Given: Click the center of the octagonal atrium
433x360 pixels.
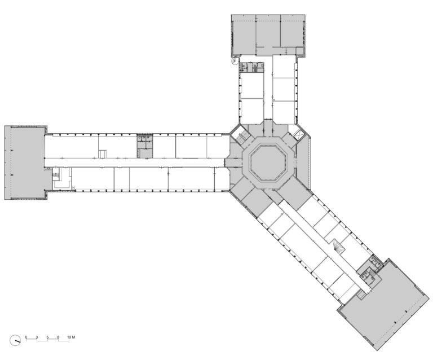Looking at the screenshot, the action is pos(268,163).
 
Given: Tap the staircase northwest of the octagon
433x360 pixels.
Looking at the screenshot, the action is pos(241,136).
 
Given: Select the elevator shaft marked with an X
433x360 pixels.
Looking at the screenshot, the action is pos(298,135).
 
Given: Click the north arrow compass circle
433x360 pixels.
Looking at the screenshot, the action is pos(15,340).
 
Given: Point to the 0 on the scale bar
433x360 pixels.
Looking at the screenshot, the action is pos(26,337).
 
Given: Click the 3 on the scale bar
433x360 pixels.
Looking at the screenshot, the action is pos(37,337).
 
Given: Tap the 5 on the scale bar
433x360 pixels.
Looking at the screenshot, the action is pos(47,337).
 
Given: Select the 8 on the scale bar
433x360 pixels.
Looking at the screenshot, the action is pos(58,337).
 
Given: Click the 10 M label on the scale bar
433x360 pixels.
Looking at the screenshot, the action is pos(71,337).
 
